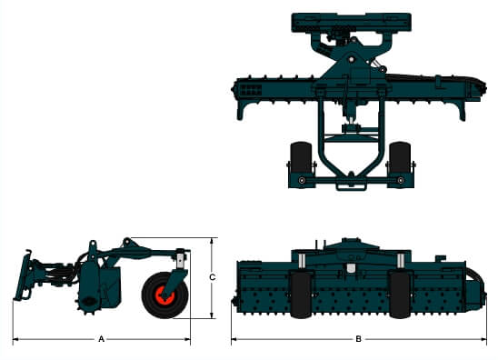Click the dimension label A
(101, 339)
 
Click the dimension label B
(359, 339)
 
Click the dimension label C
(212, 277)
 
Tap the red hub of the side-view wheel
(164, 295)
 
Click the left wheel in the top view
(301, 157)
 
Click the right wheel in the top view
(400, 157)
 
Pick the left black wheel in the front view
(301, 295)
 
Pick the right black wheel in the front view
(400, 295)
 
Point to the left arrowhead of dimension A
(15, 339)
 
